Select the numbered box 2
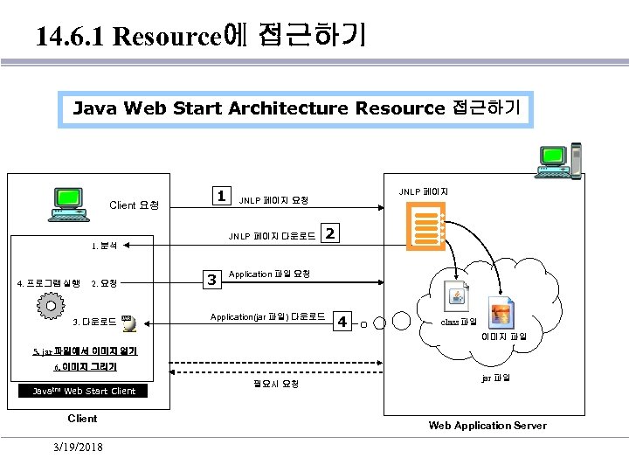[x=330, y=233]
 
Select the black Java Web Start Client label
[x=83, y=391]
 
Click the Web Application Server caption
[x=487, y=426]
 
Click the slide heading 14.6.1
[x=201, y=36]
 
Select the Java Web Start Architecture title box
[x=296, y=108]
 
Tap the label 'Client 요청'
[x=134, y=205]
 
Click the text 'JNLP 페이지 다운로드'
[x=272, y=236]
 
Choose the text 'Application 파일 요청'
[x=270, y=274]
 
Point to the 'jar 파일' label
[x=495, y=378]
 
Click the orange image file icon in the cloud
[x=501, y=312]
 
